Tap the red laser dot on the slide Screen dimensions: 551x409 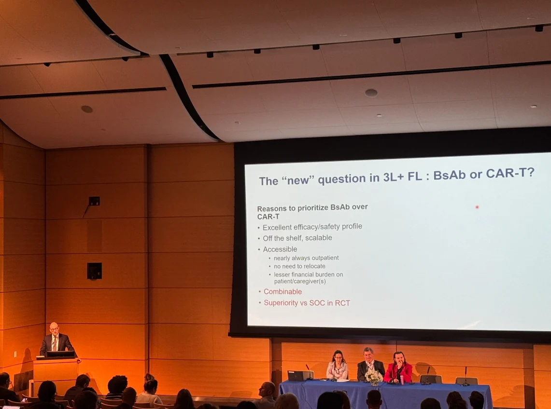(477, 207)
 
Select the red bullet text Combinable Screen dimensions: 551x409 (283, 292)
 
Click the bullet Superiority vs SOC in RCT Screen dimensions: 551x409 (307, 303)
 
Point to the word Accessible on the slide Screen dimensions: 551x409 (280, 249)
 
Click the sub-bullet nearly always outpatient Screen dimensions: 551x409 (306, 258)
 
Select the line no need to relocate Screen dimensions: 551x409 (299, 266)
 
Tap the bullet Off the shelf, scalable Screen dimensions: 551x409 (297, 238)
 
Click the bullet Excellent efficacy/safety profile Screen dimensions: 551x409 (312, 227)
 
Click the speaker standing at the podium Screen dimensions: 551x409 (56, 340)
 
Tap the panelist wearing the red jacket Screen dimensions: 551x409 (398, 368)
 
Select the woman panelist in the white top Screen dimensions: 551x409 (337, 366)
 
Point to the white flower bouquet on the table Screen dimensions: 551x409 (374, 377)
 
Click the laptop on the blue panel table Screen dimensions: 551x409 (300, 376)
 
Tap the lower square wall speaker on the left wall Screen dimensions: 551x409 (95, 271)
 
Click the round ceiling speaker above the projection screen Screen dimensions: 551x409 (371, 93)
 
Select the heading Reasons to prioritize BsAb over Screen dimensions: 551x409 (312, 208)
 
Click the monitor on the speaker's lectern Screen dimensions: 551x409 (60, 354)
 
